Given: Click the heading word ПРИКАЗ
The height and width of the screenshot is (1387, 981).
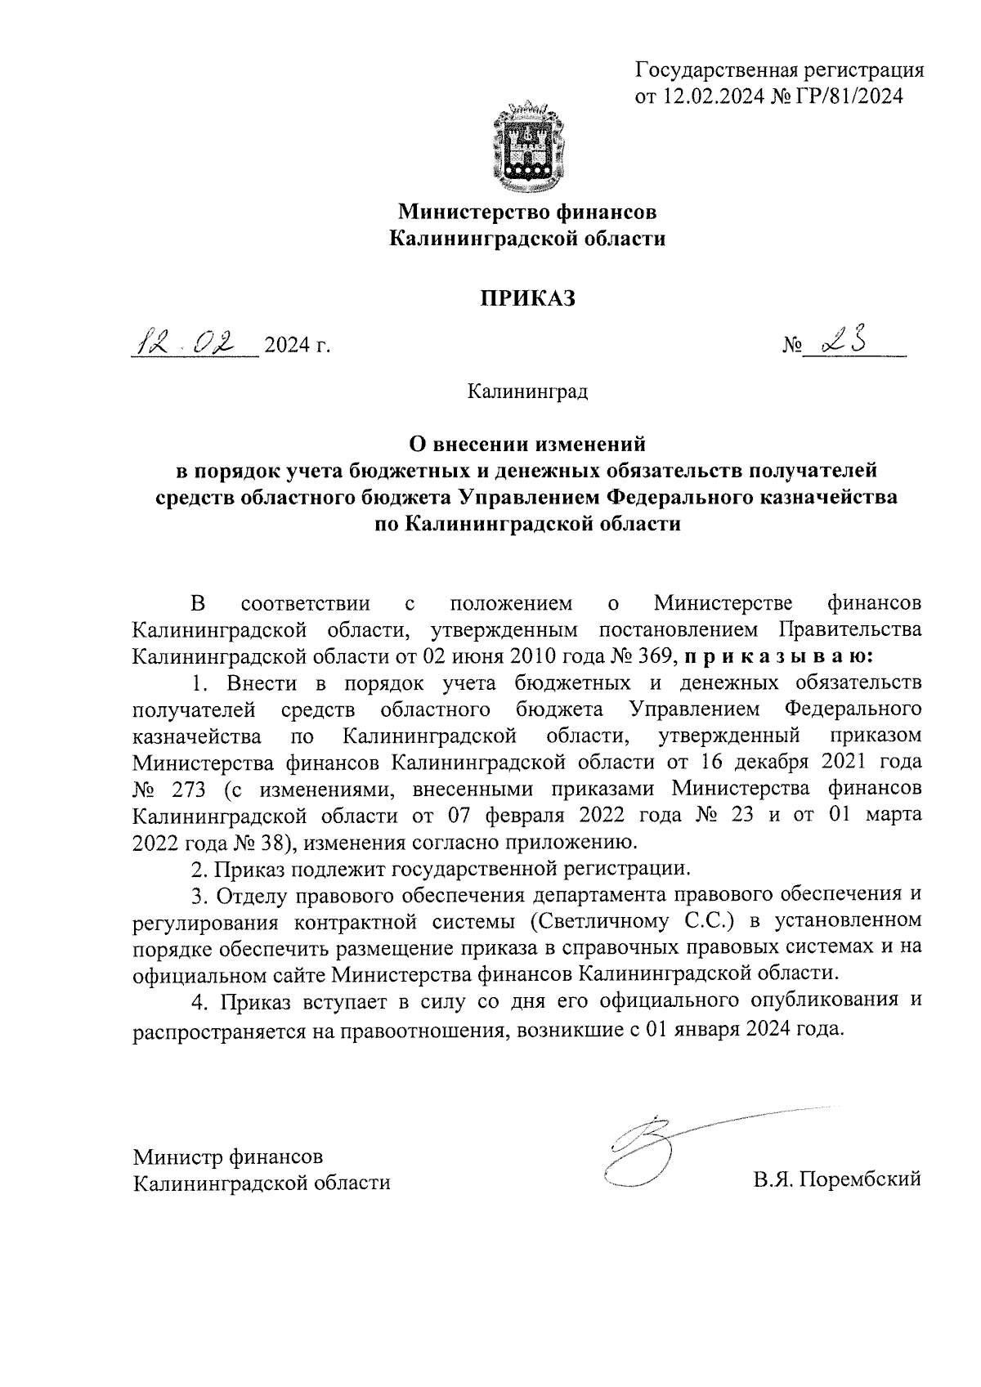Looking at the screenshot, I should (x=527, y=298).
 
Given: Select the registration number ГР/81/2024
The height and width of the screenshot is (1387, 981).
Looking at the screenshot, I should (x=853, y=96).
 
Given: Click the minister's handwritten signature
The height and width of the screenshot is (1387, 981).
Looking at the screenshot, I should (x=646, y=1144).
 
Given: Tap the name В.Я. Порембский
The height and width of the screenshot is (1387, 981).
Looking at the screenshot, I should (x=837, y=1179).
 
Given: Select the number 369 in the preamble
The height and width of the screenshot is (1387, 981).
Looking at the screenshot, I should (x=652, y=656).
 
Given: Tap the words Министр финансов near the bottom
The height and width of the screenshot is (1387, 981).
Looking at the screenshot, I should (x=229, y=1157).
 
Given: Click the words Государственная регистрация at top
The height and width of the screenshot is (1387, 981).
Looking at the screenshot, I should (x=780, y=69).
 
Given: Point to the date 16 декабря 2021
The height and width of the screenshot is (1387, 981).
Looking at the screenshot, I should (x=777, y=763).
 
